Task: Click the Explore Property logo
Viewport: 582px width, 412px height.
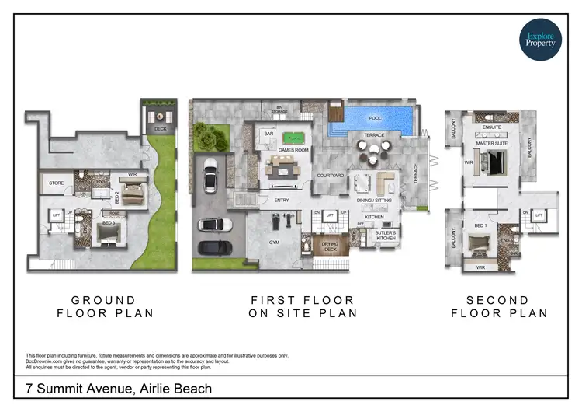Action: (540, 38)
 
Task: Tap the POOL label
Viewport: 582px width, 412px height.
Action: (376, 119)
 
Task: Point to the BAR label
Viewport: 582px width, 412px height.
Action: (270, 134)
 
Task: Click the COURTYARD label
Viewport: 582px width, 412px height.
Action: (331, 176)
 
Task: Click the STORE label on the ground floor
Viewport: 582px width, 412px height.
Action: (55, 184)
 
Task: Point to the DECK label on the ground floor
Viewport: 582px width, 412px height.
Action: (160, 129)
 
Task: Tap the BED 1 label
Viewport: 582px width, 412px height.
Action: (480, 226)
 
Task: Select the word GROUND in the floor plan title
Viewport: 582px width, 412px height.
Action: (103, 300)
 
